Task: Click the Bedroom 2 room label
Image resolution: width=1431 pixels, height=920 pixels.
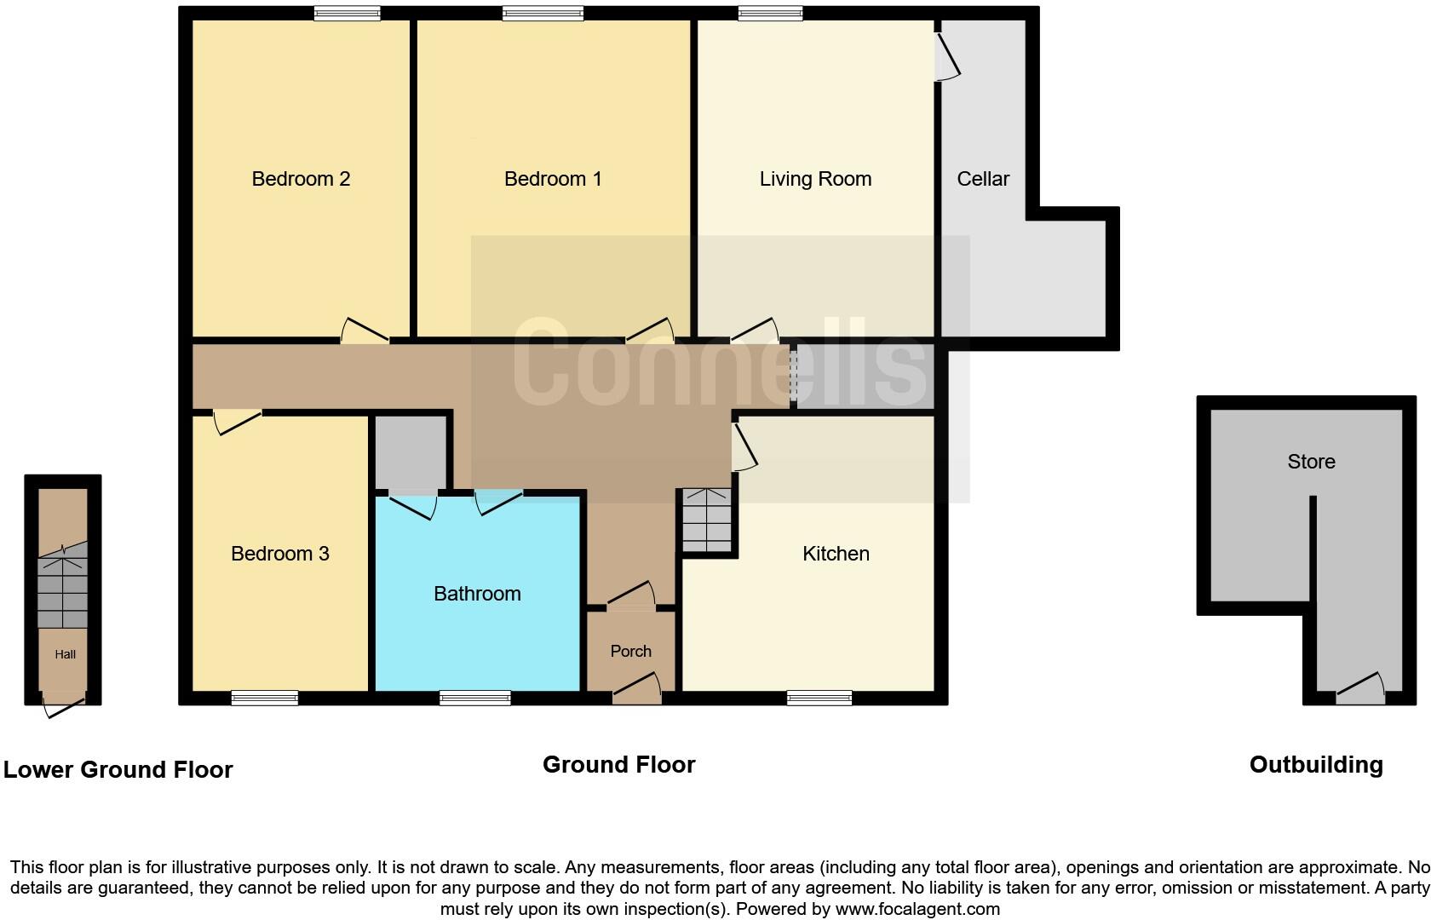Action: [301, 179]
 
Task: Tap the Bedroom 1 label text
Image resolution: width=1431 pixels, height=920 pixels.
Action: [553, 179]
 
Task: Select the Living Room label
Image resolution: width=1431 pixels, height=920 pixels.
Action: [815, 179]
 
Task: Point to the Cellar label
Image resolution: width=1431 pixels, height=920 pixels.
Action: [983, 179]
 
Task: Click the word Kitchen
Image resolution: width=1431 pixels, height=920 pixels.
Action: [836, 554]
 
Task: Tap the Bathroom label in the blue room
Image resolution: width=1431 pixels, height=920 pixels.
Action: [477, 594]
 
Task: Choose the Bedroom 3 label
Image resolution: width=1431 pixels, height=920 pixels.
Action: [280, 554]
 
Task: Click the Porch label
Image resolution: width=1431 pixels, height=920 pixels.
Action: [630, 651]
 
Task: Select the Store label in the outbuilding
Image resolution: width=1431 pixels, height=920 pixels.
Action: [1311, 462]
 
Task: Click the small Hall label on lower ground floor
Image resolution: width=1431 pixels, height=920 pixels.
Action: [66, 654]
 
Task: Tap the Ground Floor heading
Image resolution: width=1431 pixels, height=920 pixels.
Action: [618, 765]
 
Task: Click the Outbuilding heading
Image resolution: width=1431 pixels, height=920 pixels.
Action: [1316, 765]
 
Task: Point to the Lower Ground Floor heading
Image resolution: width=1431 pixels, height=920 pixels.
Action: [118, 770]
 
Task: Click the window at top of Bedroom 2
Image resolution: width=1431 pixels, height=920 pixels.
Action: [346, 13]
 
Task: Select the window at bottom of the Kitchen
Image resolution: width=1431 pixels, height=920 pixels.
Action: [819, 699]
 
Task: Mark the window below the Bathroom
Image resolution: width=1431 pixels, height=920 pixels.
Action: [474, 699]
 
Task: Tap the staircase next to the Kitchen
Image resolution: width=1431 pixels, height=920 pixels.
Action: [707, 520]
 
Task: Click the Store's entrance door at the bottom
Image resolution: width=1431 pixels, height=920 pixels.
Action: [1360, 690]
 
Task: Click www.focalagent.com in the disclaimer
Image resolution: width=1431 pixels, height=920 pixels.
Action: [917, 909]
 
